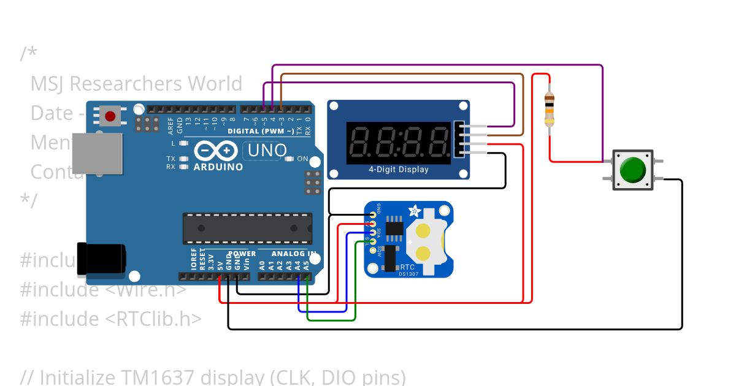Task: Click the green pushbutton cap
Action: (x=633, y=170)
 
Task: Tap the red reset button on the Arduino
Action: (x=111, y=116)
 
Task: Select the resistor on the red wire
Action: (x=549, y=110)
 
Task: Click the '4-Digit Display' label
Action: (x=398, y=170)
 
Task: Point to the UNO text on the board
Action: (x=265, y=150)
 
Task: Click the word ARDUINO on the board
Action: (x=218, y=167)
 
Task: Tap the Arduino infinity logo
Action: (x=216, y=151)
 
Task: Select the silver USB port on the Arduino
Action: (x=97, y=153)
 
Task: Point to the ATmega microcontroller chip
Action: (x=247, y=229)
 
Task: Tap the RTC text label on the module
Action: (x=407, y=267)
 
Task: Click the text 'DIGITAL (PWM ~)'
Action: (x=260, y=131)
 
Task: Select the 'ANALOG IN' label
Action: (x=294, y=254)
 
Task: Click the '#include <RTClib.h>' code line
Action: (x=110, y=319)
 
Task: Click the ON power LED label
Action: (x=302, y=159)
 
